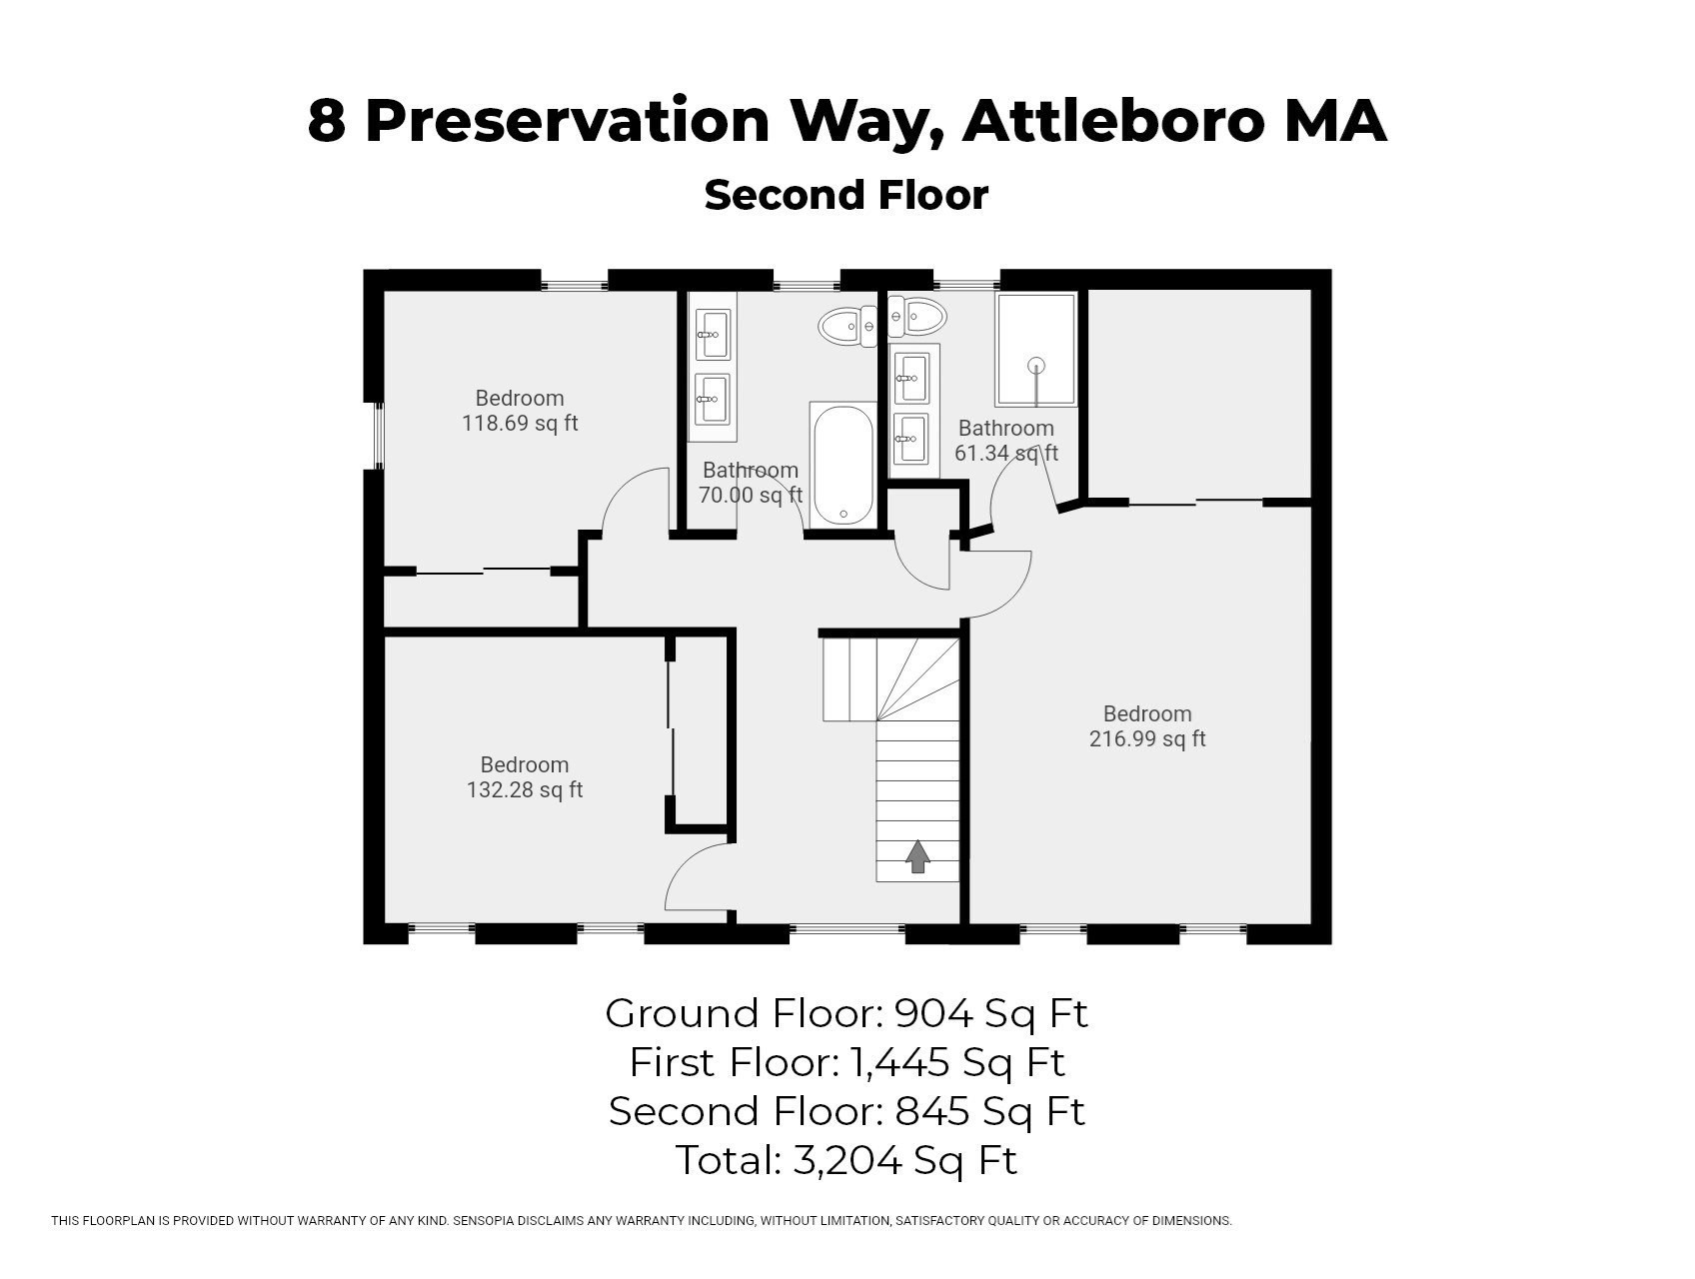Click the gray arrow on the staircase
917,856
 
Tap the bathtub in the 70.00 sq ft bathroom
843,464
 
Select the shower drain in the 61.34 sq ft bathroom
1036,365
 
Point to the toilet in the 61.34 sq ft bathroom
917,318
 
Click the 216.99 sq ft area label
1146,739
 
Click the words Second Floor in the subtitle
846,195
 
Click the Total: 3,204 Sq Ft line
846,1160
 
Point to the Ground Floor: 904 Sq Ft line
846,1013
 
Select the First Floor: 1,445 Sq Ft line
846,1062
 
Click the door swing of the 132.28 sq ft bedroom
696,875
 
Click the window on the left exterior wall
378,435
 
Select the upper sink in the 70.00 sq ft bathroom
713,334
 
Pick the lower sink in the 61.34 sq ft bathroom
910,438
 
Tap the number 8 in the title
326,121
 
